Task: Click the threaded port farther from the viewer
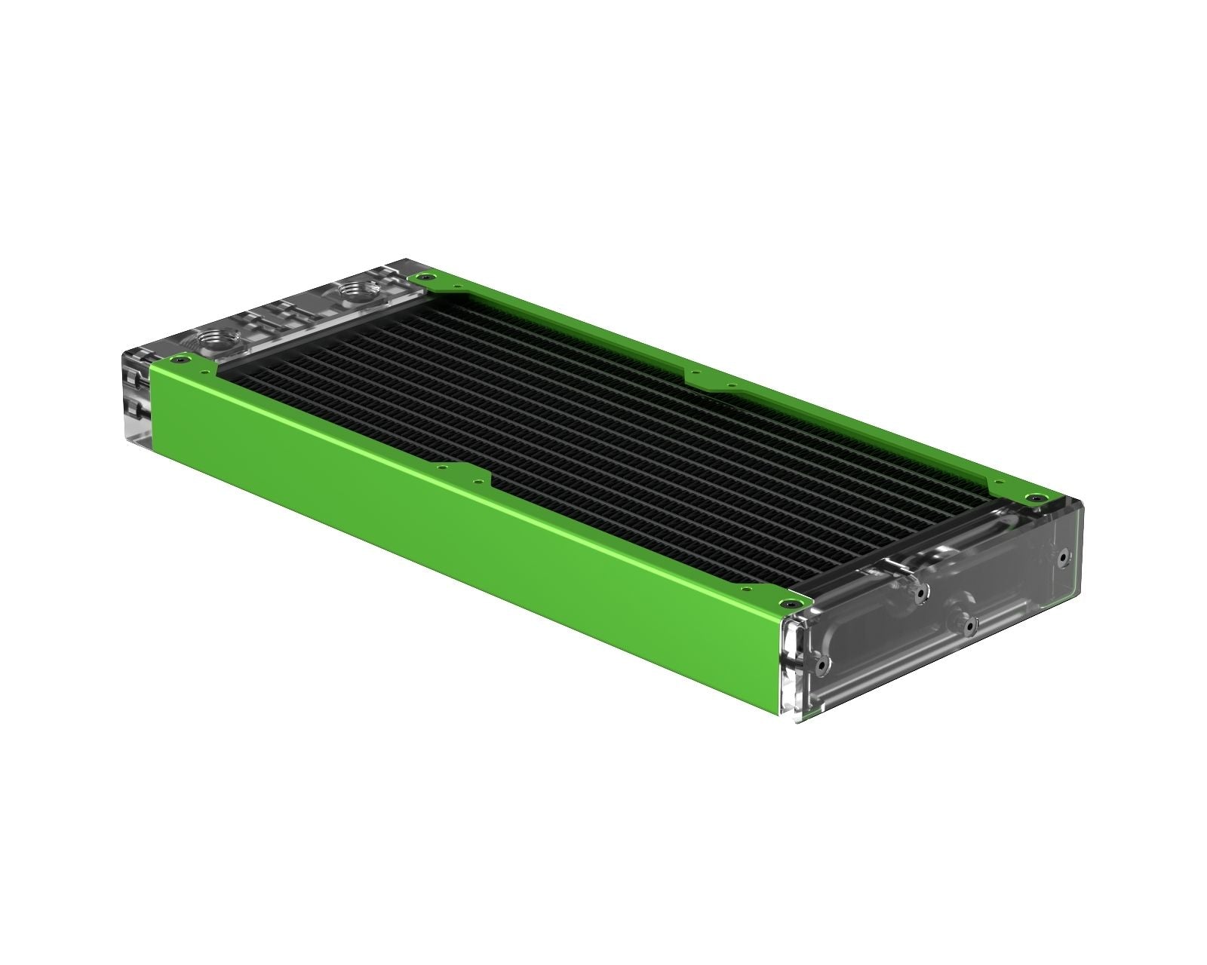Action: pyautogui.click(x=352, y=289)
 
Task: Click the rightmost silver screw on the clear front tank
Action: pyautogui.click(x=1063, y=559)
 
